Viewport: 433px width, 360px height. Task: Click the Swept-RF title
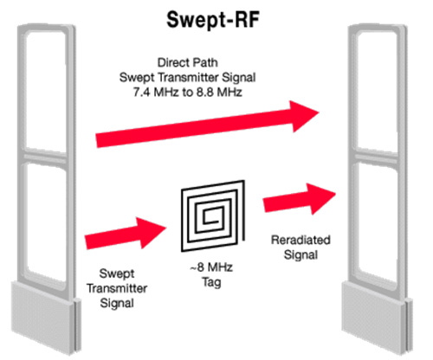click(213, 20)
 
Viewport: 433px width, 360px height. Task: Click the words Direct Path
click(188, 62)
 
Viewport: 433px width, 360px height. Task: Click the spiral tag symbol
click(213, 215)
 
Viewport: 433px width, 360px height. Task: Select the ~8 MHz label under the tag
click(211, 267)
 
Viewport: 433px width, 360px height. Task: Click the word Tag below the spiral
click(211, 282)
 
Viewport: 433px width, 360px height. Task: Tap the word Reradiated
click(301, 240)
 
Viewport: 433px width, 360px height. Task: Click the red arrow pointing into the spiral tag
click(126, 234)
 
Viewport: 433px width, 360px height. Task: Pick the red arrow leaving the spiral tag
click(300, 199)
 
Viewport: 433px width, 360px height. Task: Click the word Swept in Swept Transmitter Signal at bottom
click(117, 273)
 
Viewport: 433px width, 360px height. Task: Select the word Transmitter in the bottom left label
click(117, 288)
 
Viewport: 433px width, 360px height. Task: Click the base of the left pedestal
click(46, 318)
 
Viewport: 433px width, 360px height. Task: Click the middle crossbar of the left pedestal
click(46, 157)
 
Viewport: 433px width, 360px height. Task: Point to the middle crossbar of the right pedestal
click(377, 157)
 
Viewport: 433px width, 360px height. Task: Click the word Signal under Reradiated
click(301, 254)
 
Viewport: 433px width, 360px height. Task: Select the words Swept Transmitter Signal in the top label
click(188, 77)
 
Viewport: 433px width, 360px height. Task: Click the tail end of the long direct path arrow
click(96, 141)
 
